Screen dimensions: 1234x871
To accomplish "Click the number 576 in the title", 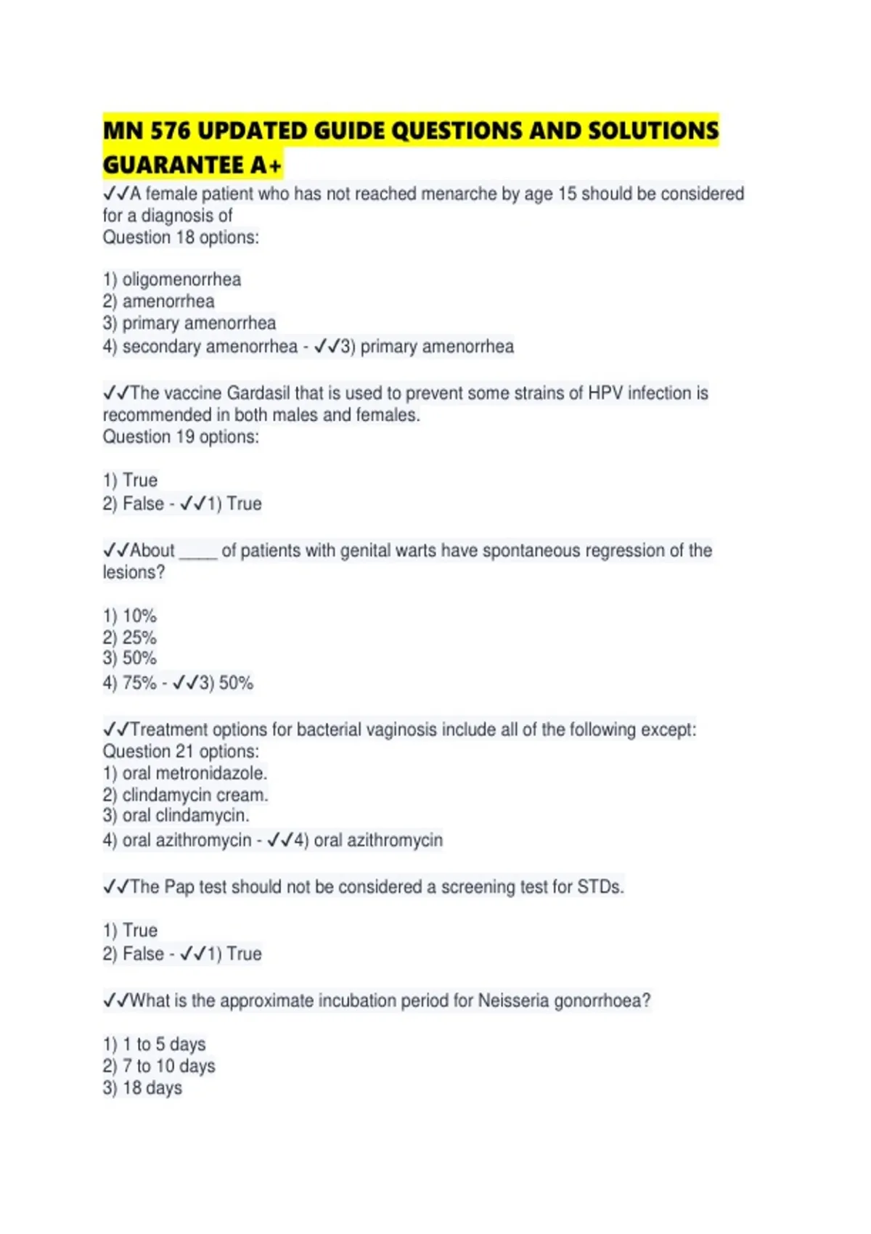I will coord(170,131).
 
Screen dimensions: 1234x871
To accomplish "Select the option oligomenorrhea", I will coord(181,279).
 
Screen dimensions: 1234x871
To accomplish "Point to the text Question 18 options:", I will coord(181,237).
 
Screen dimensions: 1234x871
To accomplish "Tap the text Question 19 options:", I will coord(181,436).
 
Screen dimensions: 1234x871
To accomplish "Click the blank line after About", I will coord(198,552).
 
